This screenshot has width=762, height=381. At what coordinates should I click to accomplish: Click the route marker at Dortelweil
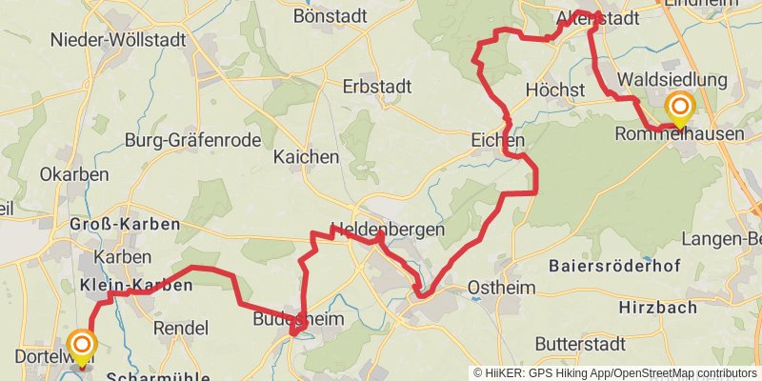[82, 345]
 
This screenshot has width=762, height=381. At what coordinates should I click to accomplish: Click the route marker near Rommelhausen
[679, 107]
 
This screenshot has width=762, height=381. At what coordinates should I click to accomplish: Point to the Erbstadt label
[377, 87]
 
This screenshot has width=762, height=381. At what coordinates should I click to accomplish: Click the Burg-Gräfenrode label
[192, 140]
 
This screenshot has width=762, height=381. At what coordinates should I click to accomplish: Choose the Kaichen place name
[306, 156]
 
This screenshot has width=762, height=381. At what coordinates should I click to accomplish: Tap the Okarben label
[73, 174]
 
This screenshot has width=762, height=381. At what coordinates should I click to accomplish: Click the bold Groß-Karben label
[124, 225]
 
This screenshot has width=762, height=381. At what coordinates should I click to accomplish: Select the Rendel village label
[180, 328]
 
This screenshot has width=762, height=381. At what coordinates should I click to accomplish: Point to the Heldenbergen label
[387, 230]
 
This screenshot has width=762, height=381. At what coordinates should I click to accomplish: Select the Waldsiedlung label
[672, 79]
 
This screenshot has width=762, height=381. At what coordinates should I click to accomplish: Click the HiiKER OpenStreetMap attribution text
[615, 372]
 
